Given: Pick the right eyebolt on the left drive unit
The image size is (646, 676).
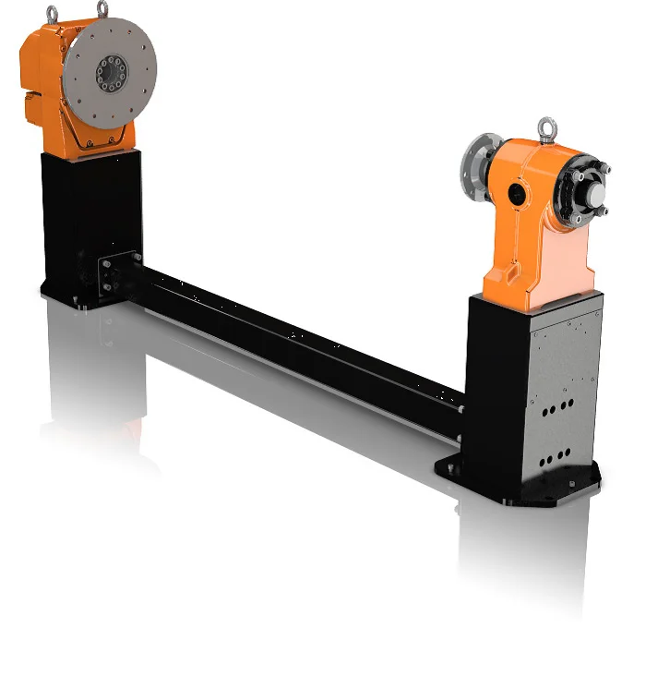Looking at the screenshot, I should [x=102, y=9].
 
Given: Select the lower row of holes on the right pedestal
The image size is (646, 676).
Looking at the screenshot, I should [x=553, y=457].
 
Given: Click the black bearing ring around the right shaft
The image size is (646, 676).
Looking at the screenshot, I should [x=580, y=195].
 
